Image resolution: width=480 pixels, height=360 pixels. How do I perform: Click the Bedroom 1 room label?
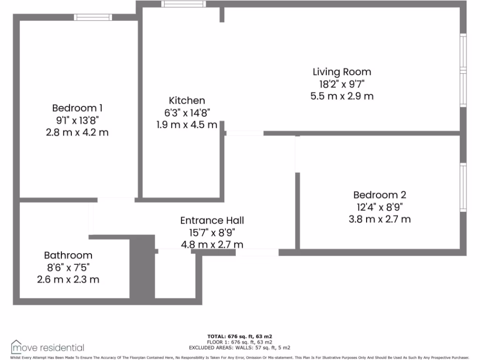(x=77, y=108)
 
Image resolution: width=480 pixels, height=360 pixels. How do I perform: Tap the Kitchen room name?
(x=187, y=101)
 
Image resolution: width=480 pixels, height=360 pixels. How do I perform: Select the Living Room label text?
(x=342, y=72)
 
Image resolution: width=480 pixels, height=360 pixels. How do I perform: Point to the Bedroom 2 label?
(x=379, y=195)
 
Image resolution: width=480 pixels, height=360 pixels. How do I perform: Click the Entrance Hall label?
(x=212, y=220)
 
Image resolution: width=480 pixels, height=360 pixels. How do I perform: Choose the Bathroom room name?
(x=68, y=255)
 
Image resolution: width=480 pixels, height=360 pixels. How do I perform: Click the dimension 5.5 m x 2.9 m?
(x=342, y=96)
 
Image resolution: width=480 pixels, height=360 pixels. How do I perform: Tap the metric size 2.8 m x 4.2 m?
(x=77, y=132)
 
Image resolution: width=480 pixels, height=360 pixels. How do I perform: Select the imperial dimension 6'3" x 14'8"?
(x=187, y=113)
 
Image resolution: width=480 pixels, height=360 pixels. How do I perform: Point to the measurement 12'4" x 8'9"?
(x=379, y=207)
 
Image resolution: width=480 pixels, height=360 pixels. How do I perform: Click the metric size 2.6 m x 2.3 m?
(x=68, y=280)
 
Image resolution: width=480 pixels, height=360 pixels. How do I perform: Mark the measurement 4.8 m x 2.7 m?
(x=212, y=245)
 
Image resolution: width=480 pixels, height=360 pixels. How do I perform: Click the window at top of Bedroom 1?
(x=93, y=17)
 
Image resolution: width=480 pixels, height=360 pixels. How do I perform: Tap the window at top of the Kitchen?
(x=183, y=4)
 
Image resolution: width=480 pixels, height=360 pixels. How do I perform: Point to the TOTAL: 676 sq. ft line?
(x=240, y=337)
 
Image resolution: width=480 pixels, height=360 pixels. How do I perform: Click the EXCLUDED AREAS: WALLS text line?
(x=240, y=348)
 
